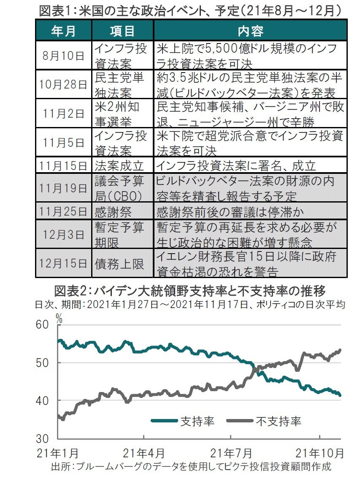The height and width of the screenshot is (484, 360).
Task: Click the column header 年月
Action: (63, 31)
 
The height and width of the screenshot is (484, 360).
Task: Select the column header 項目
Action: (122, 31)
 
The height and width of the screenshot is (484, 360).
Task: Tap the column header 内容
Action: (250, 31)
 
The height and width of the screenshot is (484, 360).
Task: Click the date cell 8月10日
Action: (63, 55)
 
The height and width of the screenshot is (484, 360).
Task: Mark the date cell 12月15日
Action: (63, 264)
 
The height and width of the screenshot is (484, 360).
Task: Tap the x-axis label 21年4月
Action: (144, 454)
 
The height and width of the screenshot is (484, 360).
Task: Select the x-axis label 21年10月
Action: (319, 454)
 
